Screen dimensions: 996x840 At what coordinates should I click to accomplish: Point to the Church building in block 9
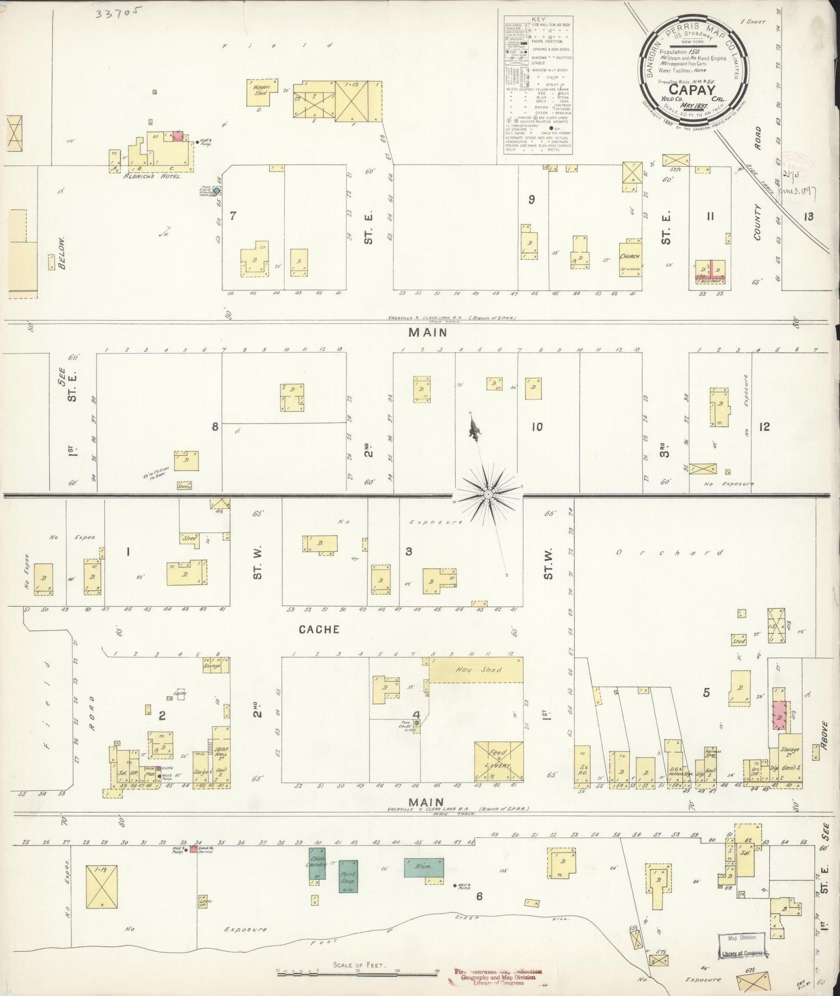[630, 257]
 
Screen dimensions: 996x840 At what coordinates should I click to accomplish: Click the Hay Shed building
[476, 670]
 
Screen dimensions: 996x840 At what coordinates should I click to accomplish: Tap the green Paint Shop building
[348, 876]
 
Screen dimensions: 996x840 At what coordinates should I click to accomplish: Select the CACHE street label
[319, 629]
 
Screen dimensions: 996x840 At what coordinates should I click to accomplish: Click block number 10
[537, 427]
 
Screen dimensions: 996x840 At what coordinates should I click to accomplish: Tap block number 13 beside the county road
[809, 217]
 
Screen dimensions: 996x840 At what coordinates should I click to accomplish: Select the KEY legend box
[538, 85]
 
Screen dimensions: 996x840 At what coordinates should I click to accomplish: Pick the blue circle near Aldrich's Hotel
[216, 191]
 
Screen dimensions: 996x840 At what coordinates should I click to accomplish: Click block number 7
[233, 216]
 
